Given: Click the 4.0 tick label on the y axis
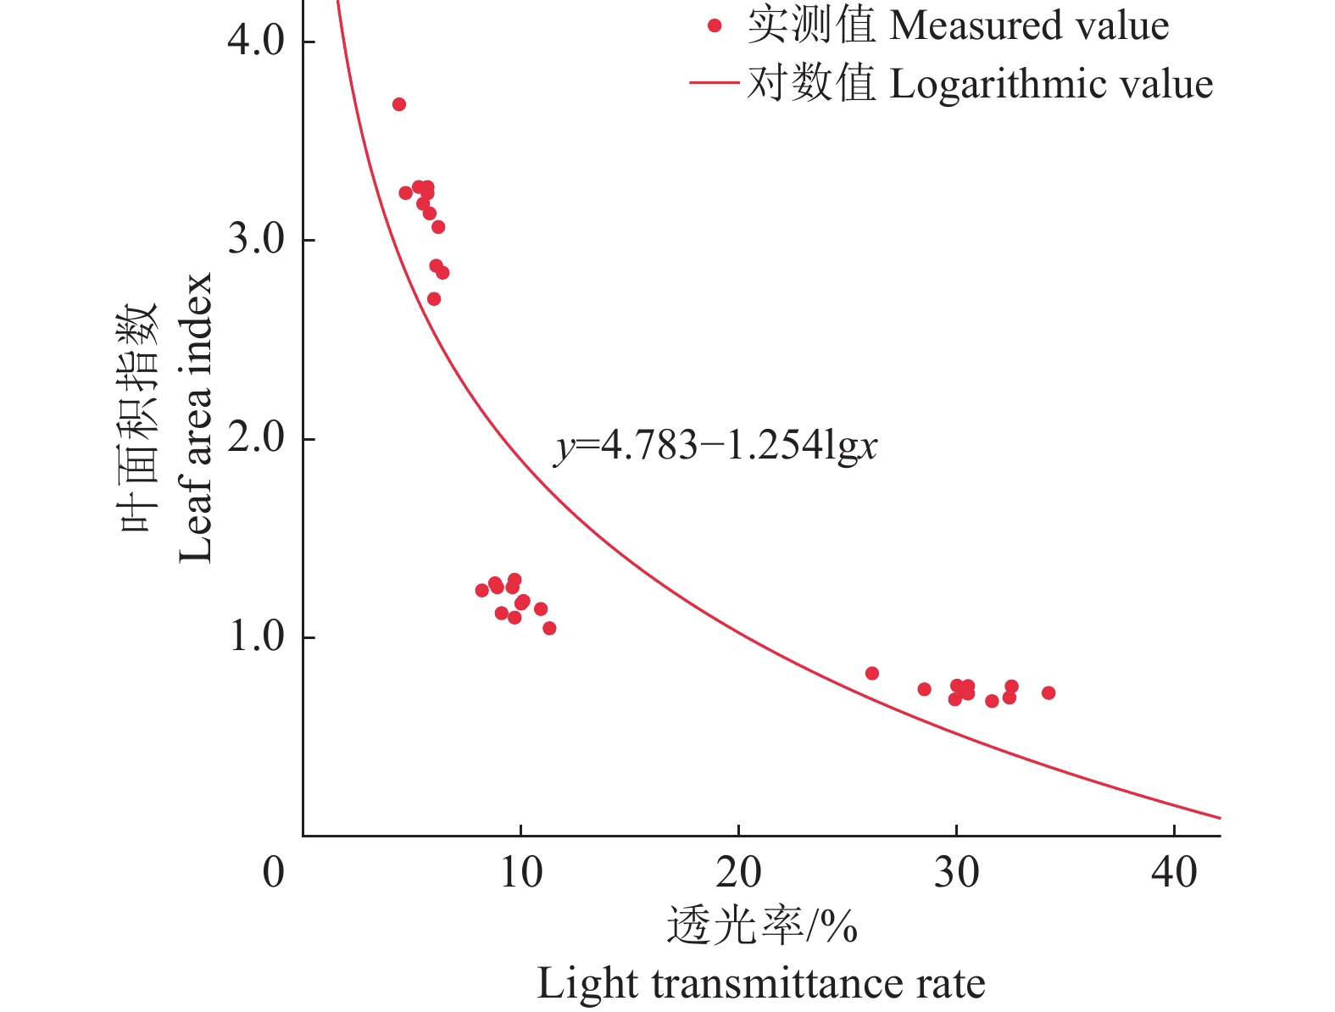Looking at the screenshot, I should coord(256,41).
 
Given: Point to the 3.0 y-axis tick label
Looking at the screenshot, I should coord(256,240).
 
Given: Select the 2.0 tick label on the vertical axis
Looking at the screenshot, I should coord(256,439).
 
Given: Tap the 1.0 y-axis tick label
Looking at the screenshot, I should coord(256,637).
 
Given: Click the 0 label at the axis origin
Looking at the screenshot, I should coord(273,872).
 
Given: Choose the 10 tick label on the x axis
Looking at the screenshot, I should coord(520,872).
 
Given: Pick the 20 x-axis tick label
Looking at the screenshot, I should coord(738,872).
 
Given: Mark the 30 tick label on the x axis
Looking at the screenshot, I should coord(956,872).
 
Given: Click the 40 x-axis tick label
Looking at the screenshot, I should coord(1174,872).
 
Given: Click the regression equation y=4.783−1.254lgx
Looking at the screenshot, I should coord(716,446).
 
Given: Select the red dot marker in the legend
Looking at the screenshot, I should coord(715,26).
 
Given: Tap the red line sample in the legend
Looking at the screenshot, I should coord(715,83).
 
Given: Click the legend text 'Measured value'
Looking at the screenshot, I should coord(1029,26).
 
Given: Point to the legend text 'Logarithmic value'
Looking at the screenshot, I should coord(1051,84).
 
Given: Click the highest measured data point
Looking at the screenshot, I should coord(399,104).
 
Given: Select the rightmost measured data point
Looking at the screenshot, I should coord(1049,692).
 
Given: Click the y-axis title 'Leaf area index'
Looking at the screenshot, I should coord(195,417).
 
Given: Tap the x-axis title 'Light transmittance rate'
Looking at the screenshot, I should coord(760,984).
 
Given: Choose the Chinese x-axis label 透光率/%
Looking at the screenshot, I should coord(762,926).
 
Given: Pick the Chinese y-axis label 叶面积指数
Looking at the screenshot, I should coord(138,417).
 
